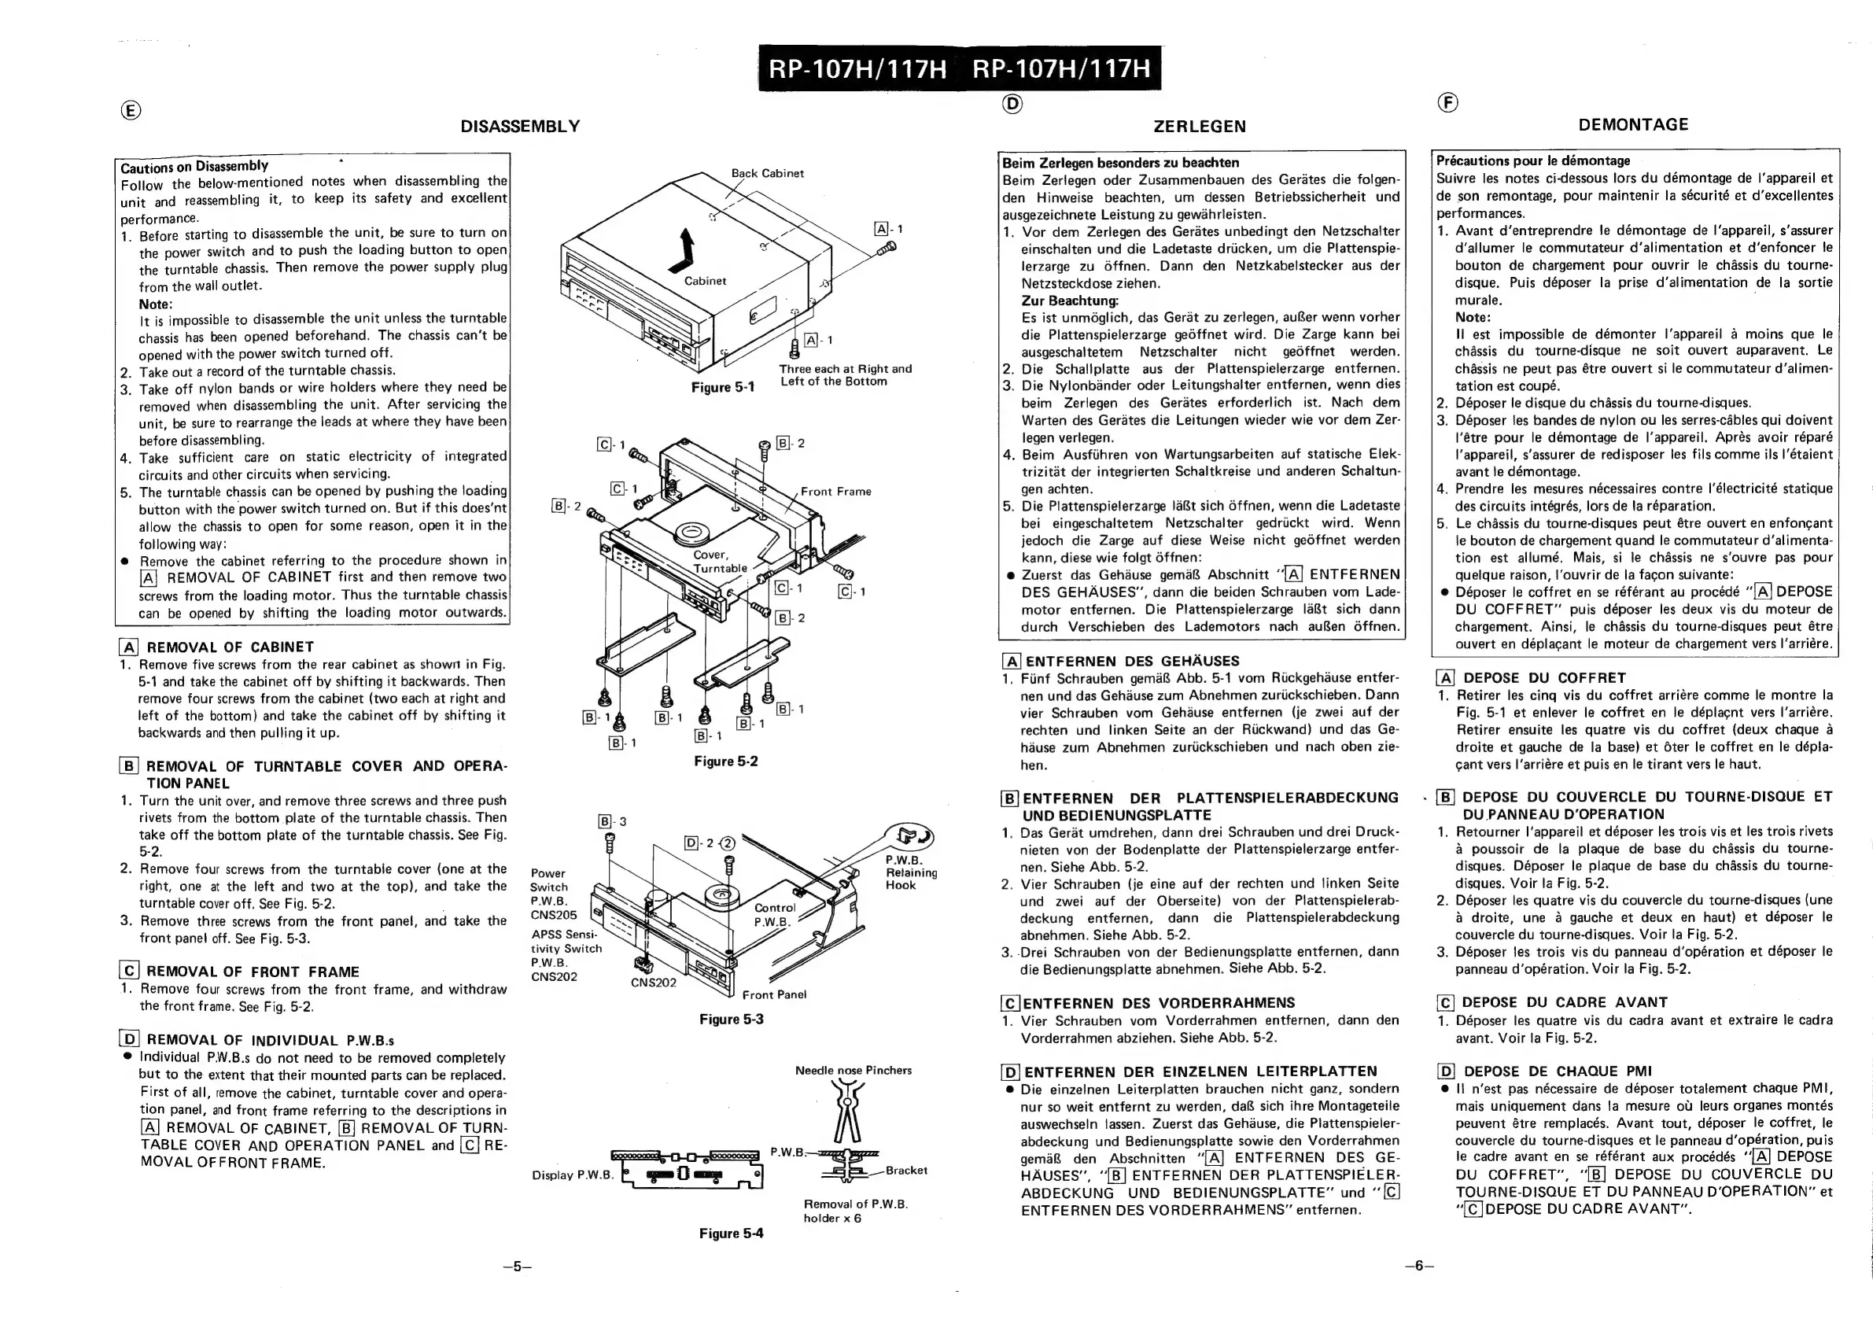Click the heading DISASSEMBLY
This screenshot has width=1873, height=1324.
click(521, 127)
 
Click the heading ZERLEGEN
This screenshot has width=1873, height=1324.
click(1199, 127)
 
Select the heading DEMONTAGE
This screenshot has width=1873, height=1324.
click(1633, 125)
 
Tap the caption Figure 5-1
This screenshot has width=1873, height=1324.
click(723, 388)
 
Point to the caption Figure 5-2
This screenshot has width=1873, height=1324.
click(726, 761)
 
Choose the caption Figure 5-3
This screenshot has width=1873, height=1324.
click(731, 1020)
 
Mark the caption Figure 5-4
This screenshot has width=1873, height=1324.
click(731, 1234)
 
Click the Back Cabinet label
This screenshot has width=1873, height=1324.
click(767, 174)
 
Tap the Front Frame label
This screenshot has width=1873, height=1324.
click(835, 492)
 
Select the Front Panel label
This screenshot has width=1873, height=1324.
click(774, 994)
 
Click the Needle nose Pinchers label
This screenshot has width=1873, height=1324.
click(854, 1071)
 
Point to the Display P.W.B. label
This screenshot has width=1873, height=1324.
click(572, 1175)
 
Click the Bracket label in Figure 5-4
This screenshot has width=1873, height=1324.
click(905, 1171)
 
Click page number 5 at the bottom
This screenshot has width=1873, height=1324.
click(517, 1267)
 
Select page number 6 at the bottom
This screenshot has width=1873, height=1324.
click(1418, 1266)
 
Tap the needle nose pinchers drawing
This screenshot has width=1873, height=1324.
click(846, 1113)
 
